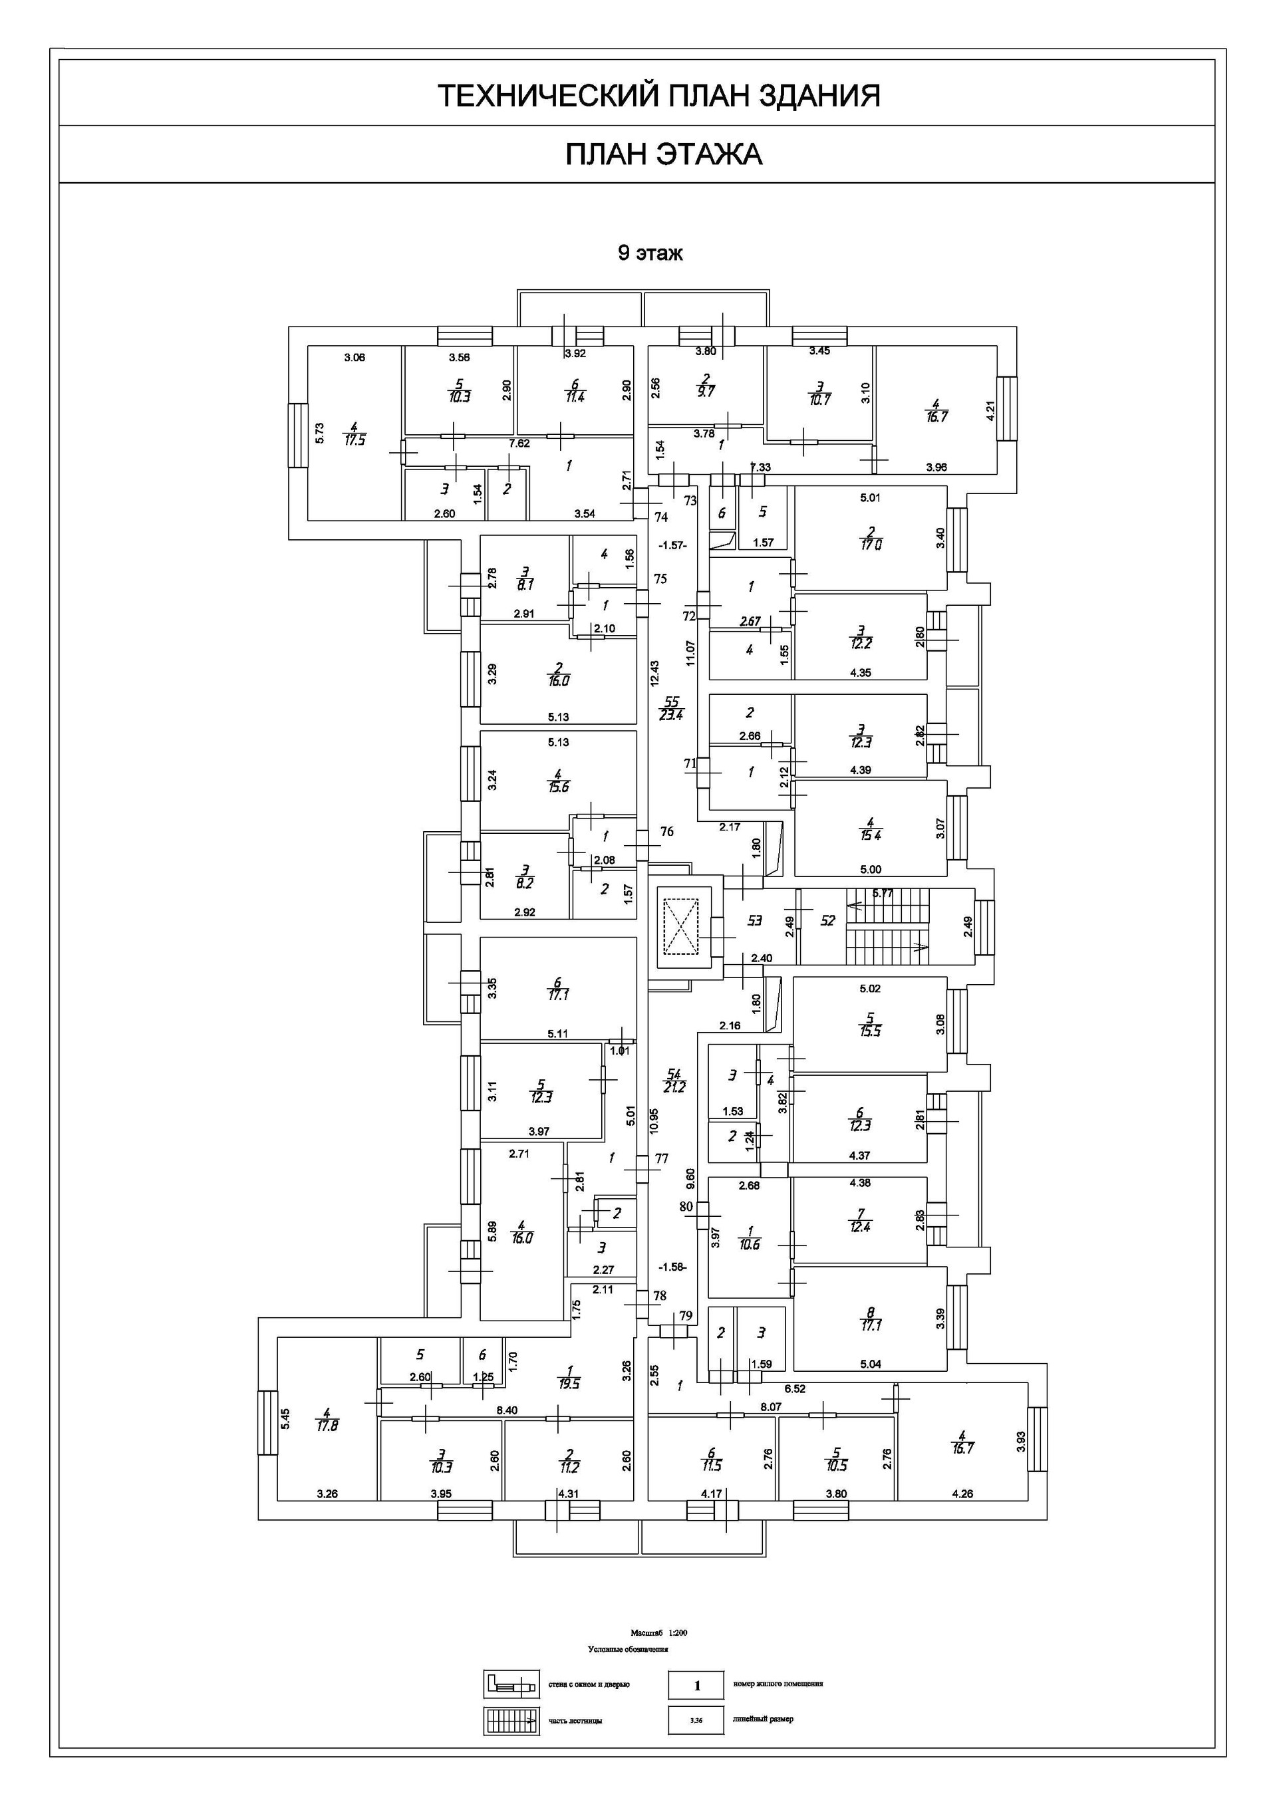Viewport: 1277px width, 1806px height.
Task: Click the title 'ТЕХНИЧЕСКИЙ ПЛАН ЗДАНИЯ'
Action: coord(658,96)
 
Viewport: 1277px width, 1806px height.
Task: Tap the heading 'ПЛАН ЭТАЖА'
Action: coord(663,154)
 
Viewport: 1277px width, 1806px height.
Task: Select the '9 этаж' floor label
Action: coord(650,253)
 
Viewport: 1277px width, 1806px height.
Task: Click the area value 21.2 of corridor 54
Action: coord(674,1088)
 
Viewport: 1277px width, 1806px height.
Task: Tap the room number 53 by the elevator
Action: coord(754,920)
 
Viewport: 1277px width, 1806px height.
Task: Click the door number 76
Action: coord(666,831)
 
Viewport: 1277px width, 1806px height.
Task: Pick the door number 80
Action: coord(686,1207)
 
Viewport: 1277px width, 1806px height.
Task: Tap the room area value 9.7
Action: coord(706,392)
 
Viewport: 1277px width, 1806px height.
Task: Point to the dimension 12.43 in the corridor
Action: coord(654,674)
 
